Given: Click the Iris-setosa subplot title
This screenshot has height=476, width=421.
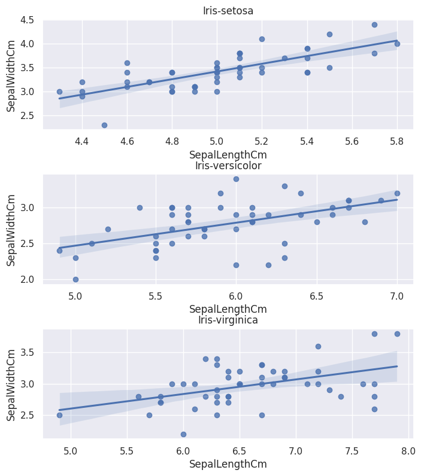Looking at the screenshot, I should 228,11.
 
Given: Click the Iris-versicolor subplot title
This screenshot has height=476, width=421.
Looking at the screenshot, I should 228,166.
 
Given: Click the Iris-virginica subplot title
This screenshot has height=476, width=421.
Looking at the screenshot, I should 228,320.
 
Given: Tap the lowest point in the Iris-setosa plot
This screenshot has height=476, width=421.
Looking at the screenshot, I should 104,125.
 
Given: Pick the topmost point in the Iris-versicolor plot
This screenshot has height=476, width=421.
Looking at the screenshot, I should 236,179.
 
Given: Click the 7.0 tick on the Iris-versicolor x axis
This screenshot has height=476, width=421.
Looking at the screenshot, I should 397,295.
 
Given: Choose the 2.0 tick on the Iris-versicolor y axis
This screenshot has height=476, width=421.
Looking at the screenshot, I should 28,279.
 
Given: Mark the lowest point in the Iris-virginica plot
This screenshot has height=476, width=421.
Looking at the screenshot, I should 183,434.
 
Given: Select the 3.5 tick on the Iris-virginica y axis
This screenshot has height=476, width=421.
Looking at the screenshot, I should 28,352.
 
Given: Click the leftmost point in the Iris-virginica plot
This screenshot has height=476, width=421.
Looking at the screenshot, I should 59,415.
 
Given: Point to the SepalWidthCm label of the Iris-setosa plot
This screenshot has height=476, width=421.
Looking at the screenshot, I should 11,74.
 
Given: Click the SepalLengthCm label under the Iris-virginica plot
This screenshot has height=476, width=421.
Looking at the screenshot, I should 228,463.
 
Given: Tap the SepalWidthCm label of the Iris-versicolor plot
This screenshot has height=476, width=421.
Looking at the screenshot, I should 11,229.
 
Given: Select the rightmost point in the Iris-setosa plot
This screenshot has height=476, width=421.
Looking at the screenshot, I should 397,44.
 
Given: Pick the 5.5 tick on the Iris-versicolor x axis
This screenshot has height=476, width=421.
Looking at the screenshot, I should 156,295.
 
